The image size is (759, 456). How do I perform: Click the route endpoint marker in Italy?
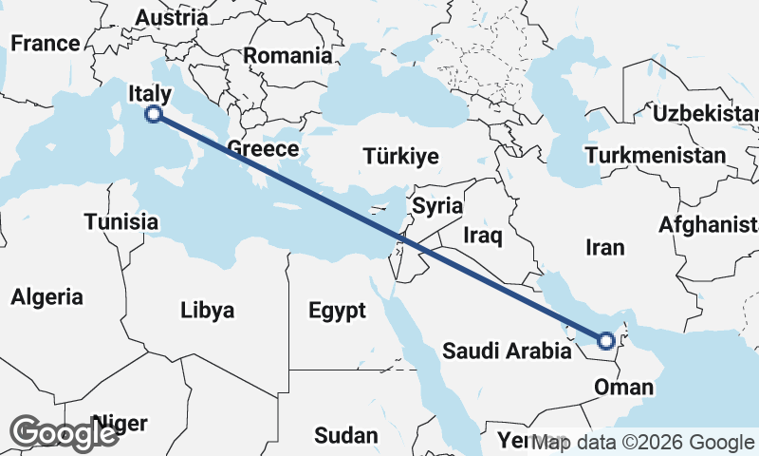coord(154,115)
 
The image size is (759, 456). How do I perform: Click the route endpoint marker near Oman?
coord(606,339)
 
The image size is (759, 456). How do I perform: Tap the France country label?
coord(45,43)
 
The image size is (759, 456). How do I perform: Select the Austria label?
coord(172,17)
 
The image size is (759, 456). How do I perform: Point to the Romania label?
coord(288,55)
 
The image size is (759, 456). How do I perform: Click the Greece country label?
coord(263,149)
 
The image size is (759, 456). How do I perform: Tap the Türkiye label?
coord(402,157)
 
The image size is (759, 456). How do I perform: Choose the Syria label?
coord(437,205)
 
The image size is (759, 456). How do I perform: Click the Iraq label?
coord(483,235)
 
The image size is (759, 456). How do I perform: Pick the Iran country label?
coord(605,248)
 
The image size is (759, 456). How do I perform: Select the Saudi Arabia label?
coord(508,351)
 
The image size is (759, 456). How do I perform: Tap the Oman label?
coord(623,387)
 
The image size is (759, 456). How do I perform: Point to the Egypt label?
coord(337,310)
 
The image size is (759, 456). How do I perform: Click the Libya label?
coord(208,310)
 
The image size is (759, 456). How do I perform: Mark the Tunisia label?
coord(120,221)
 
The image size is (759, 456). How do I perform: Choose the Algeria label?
coord(46,296)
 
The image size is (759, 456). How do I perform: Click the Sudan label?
coord(346,435)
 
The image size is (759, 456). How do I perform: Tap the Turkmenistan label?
coord(656,155)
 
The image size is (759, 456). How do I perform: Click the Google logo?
coord(64,434)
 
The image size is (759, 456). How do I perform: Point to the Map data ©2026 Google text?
coord(643,442)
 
